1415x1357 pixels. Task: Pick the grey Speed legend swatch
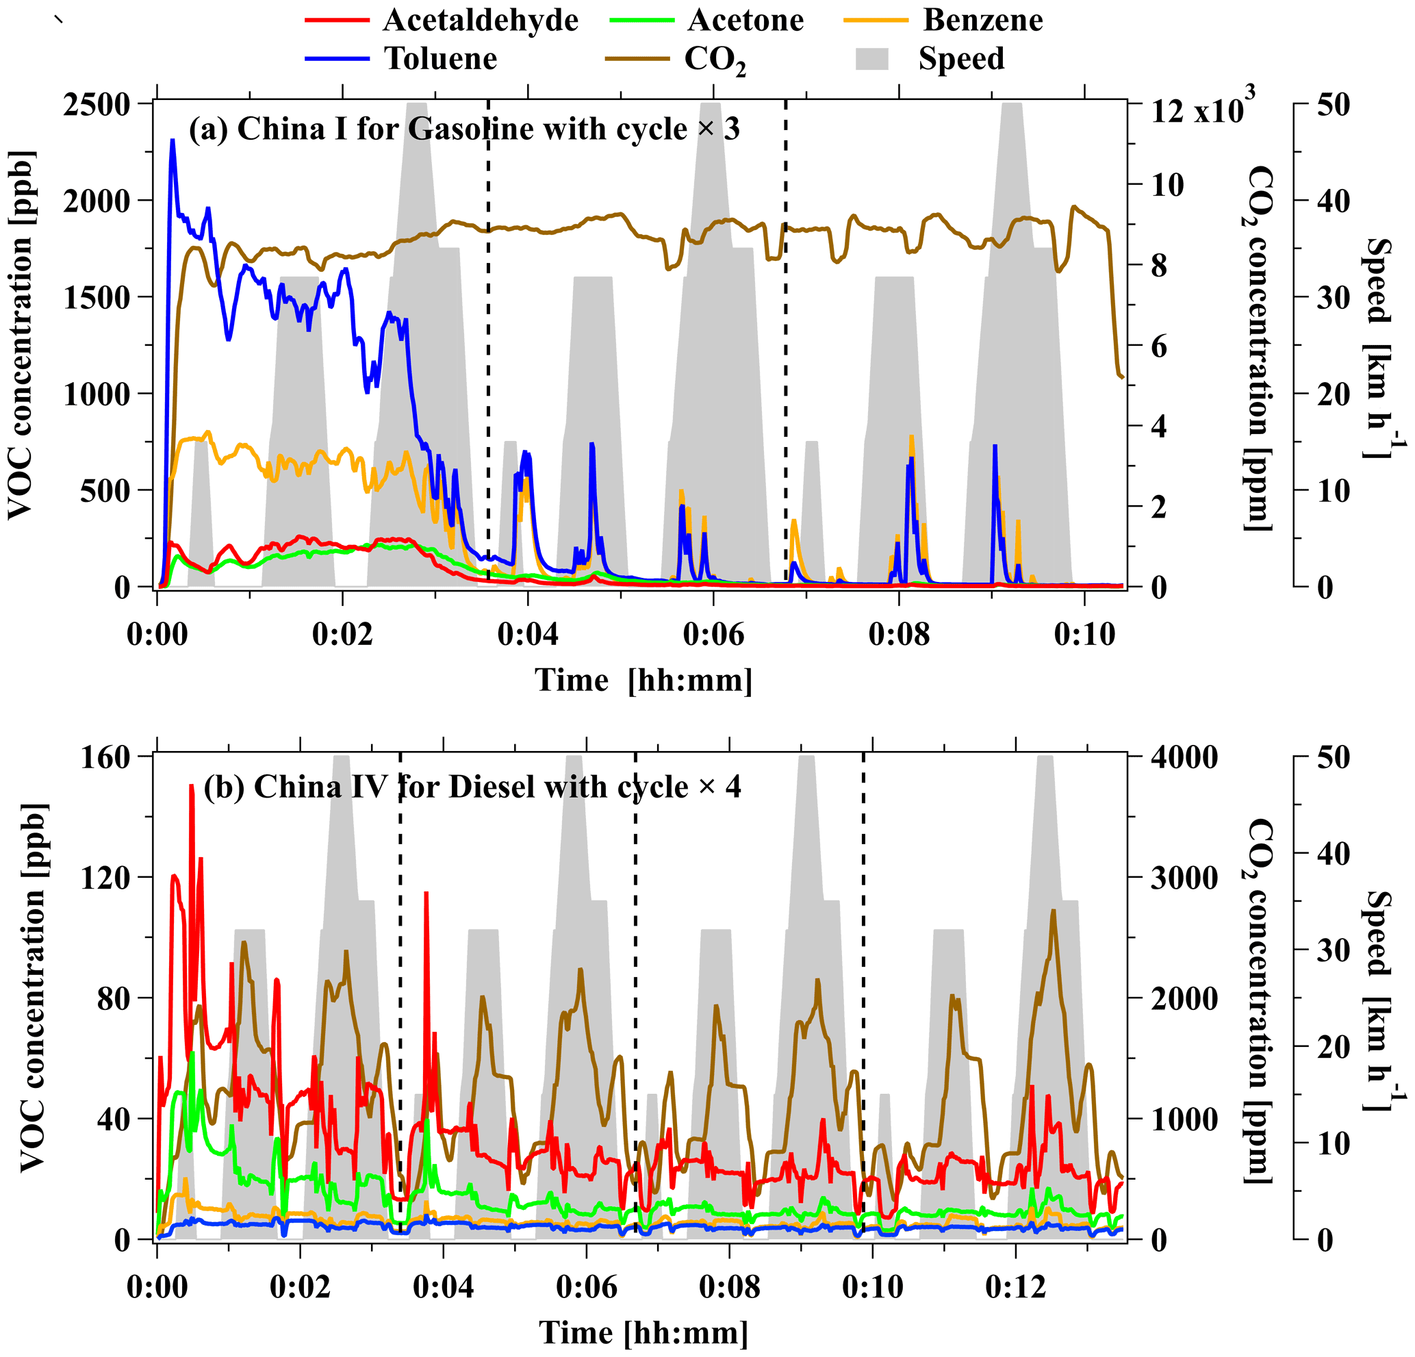click(872, 58)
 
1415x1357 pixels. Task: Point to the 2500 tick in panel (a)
click(97, 105)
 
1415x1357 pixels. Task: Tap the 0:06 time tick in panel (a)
click(713, 634)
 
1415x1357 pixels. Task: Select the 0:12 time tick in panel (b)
click(1015, 1287)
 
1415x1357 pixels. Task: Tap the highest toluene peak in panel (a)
click(173, 141)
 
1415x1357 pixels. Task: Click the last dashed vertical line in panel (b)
click(863, 997)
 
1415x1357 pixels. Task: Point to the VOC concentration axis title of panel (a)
click(21, 335)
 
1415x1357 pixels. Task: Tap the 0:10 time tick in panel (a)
click(1084, 634)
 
